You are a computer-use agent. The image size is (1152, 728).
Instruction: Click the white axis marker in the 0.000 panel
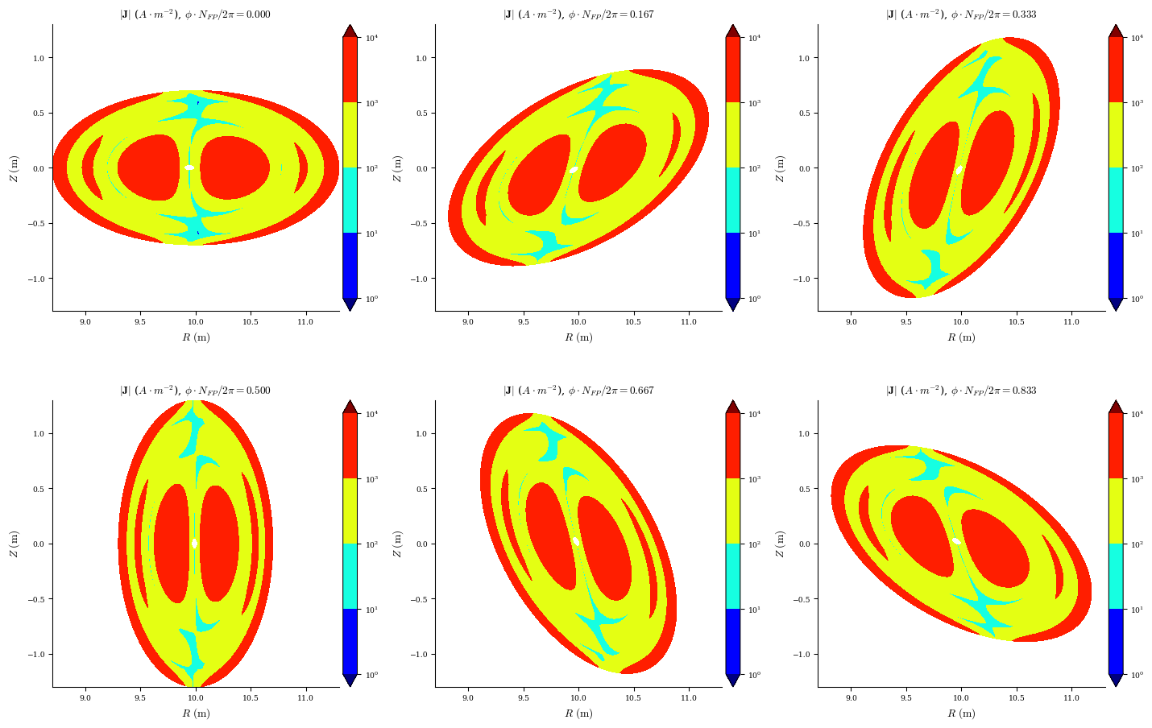(x=189, y=168)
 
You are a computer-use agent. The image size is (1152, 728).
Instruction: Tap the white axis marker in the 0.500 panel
(x=194, y=544)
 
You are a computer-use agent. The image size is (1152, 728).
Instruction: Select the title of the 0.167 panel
(x=578, y=14)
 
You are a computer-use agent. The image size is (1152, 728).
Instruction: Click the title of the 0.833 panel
(x=961, y=391)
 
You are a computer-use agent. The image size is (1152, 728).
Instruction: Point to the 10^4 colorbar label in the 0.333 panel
(x=1137, y=38)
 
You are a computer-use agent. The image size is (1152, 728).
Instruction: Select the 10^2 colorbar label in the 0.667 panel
(x=755, y=544)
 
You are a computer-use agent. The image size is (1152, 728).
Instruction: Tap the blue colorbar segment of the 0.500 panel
(x=350, y=642)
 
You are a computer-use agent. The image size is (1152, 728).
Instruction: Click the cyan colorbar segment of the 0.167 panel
(x=733, y=201)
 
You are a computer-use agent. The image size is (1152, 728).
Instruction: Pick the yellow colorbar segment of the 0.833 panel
(x=1116, y=511)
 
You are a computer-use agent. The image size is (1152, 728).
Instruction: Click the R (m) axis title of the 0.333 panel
(x=961, y=337)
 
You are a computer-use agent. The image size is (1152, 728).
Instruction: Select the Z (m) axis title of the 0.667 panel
(x=396, y=544)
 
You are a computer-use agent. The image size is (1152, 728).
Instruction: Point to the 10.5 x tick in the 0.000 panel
(x=251, y=322)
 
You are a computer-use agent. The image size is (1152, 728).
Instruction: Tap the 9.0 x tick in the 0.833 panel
(x=852, y=697)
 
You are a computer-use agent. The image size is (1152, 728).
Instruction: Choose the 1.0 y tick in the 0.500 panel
(x=39, y=433)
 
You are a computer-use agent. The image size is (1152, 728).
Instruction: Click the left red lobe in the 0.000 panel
(x=148, y=168)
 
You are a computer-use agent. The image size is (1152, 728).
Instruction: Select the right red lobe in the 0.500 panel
(x=219, y=544)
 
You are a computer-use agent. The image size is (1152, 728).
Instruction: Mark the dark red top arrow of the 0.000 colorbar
(x=350, y=31)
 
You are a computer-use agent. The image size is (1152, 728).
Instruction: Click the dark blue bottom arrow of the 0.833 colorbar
(x=1116, y=680)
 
